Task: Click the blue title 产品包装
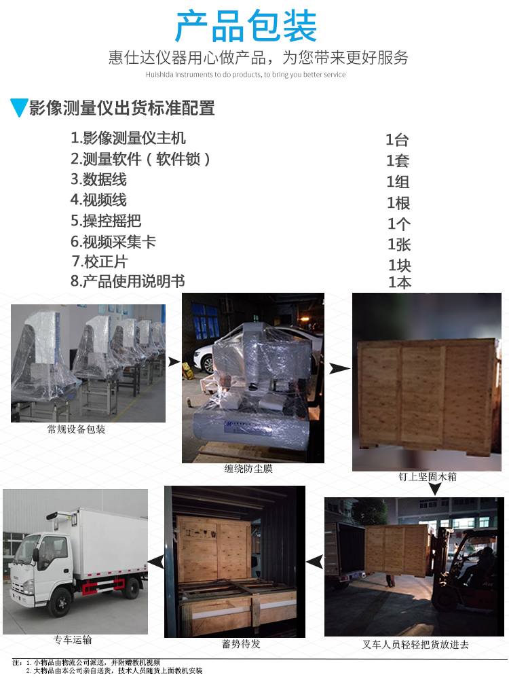point(246,26)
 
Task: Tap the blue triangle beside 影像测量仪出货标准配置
point(19,107)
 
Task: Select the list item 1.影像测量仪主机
point(128,138)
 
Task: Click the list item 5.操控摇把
point(106,220)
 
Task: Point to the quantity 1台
point(397,140)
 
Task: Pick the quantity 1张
point(399,245)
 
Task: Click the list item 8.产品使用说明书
point(128,281)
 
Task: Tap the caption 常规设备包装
point(76,429)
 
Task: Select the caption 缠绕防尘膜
point(248,469)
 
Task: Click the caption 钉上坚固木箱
point(428,477)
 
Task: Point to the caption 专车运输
point(73,640)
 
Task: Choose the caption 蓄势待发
point(241,644)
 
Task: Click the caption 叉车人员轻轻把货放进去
point(415,644)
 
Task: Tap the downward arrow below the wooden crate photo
point(435,489)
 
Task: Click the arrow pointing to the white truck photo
point(156,562)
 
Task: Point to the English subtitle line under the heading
point(246,75)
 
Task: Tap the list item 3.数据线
point(98,179)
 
